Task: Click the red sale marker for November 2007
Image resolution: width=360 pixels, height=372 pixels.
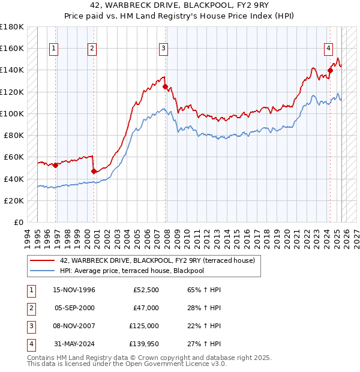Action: tap(164, 86)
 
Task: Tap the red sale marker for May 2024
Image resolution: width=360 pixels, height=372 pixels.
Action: tap(330, 70)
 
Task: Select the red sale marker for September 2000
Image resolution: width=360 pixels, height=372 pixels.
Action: tap(94, 171)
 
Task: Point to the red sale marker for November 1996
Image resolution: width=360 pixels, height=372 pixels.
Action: tap(55, 165)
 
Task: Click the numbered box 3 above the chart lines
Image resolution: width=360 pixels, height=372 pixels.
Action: tap(163, 49)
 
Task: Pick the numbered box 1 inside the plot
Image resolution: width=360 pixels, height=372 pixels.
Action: tap(54, 49)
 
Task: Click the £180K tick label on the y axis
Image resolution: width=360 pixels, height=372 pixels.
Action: tap(12, 27)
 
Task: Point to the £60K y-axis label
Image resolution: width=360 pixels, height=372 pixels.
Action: tap(14, 157)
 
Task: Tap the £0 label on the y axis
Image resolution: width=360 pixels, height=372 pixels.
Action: tap(18, 223)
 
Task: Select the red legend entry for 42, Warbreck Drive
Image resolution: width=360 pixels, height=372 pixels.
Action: tap(157, 260)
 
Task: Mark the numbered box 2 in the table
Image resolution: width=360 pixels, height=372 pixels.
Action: tap(30, 308)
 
